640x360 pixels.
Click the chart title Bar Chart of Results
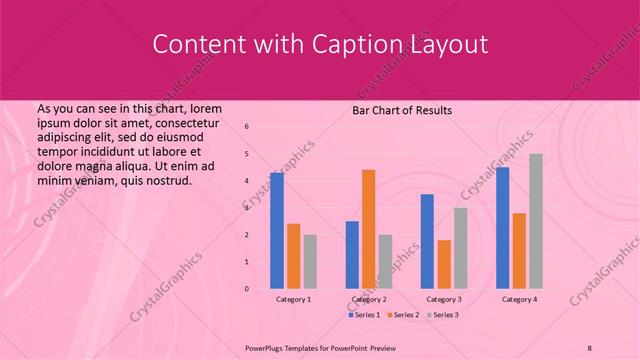(401, 110)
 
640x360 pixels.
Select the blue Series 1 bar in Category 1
(277, 230)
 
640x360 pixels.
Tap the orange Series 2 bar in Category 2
(368, 229)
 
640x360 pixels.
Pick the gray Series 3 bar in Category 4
(536, 221)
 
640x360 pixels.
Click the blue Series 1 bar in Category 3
(427, 241)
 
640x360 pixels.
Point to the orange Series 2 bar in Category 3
(444, 264)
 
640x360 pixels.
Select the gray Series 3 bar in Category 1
(310, 261)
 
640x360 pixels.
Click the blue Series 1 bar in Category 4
(502, 227)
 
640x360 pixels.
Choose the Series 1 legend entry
(364, 315)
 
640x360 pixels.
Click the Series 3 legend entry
(445, 315)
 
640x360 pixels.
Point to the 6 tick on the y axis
(247, 127)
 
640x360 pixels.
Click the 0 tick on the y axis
(247, 289)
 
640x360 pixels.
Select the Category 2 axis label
(369, 299)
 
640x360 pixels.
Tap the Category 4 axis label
(519, 299)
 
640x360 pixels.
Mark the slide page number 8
(590, 348)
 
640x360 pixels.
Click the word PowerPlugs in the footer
(268, 348)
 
